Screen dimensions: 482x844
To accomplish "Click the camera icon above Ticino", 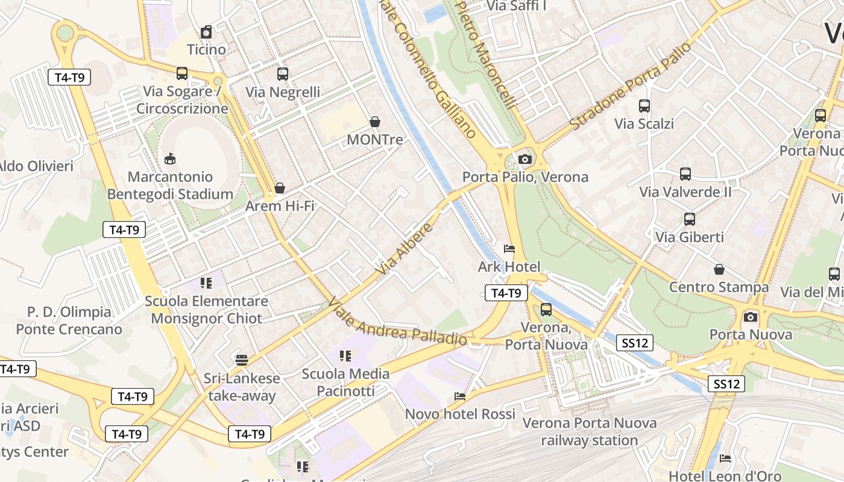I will point(206,32).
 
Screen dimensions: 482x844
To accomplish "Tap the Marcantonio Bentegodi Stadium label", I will point(171,186).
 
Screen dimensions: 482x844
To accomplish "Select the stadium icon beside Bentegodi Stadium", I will point(170,159).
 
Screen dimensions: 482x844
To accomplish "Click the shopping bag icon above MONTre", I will point(375,122).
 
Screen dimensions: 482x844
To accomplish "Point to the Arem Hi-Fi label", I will point(280,206).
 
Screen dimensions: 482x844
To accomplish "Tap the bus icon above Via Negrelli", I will point(283,74).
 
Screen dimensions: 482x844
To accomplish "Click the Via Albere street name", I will point(405,249).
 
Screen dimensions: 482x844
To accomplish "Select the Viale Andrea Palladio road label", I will point(397,322).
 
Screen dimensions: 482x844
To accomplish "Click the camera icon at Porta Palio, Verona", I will point(525,159).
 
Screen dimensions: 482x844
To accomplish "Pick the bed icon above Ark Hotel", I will point(509,248).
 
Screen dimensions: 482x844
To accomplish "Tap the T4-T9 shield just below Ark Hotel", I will point(506,293).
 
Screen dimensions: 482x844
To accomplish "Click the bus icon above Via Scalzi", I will point(644,106).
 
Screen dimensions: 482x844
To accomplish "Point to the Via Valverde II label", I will point(685,192).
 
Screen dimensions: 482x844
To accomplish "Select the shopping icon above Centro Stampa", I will point(719,269).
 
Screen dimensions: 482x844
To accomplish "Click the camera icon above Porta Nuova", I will point(751,317).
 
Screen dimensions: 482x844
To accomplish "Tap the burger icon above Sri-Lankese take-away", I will point(242,360).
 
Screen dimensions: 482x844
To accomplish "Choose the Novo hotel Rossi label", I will point(460,415).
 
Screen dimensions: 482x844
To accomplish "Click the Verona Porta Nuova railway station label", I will point(589,431).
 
